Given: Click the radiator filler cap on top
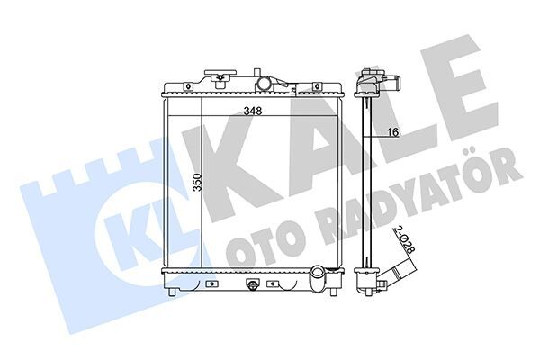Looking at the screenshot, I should point(218,76).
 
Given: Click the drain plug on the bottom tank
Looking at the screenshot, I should point(253,286).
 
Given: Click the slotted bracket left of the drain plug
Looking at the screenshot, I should point(212,283).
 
